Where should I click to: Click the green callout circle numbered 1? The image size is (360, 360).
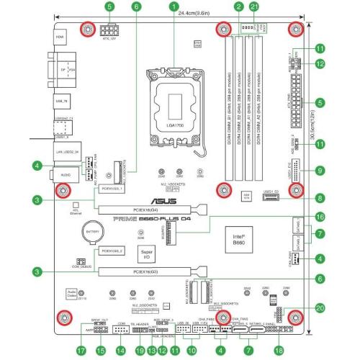(174, 6)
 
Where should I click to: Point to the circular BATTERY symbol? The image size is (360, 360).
(91, 235)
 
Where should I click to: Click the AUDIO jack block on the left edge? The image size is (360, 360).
(64, 174)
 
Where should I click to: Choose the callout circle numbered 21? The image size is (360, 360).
(254, 6)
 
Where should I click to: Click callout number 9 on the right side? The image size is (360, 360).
(319, 174)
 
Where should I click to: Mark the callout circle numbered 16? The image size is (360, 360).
(319, 217)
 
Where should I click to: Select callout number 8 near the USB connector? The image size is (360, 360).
(319, 197)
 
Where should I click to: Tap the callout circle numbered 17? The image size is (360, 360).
(81, 351)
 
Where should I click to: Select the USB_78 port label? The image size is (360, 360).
(60, 102)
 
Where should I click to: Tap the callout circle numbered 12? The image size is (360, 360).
(319, 64)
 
